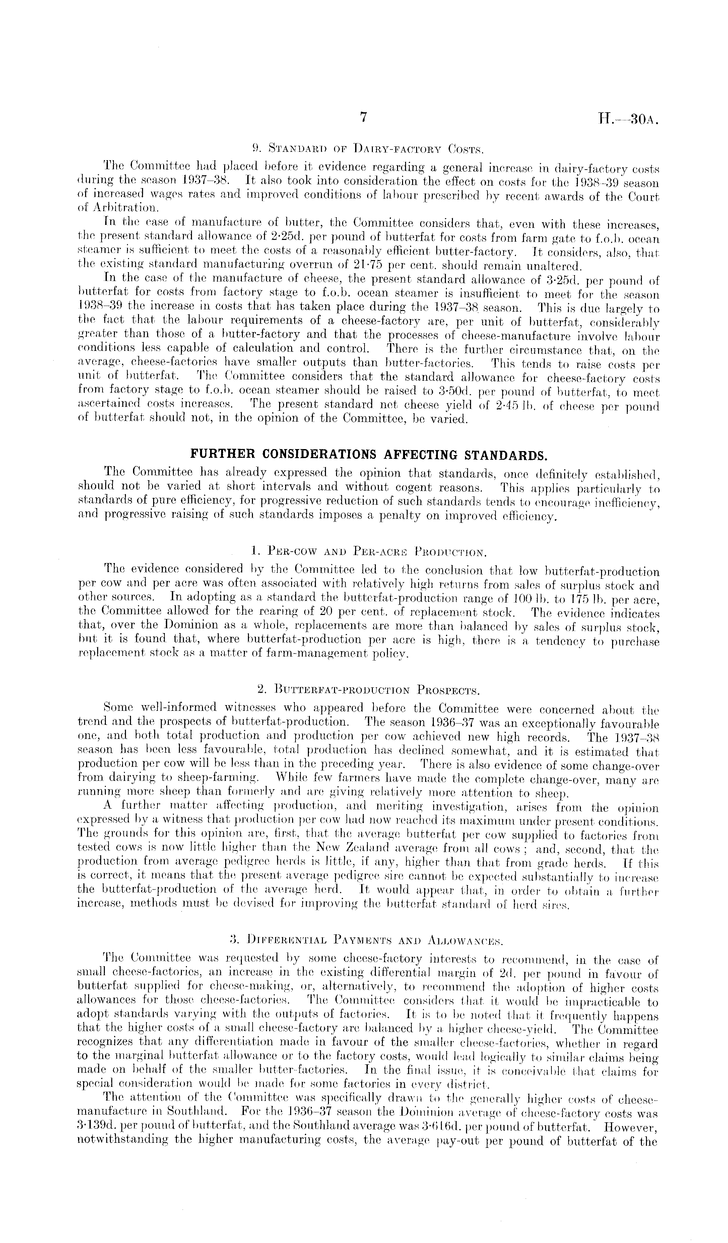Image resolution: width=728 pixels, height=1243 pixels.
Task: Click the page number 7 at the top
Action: (x=363, y=117)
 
